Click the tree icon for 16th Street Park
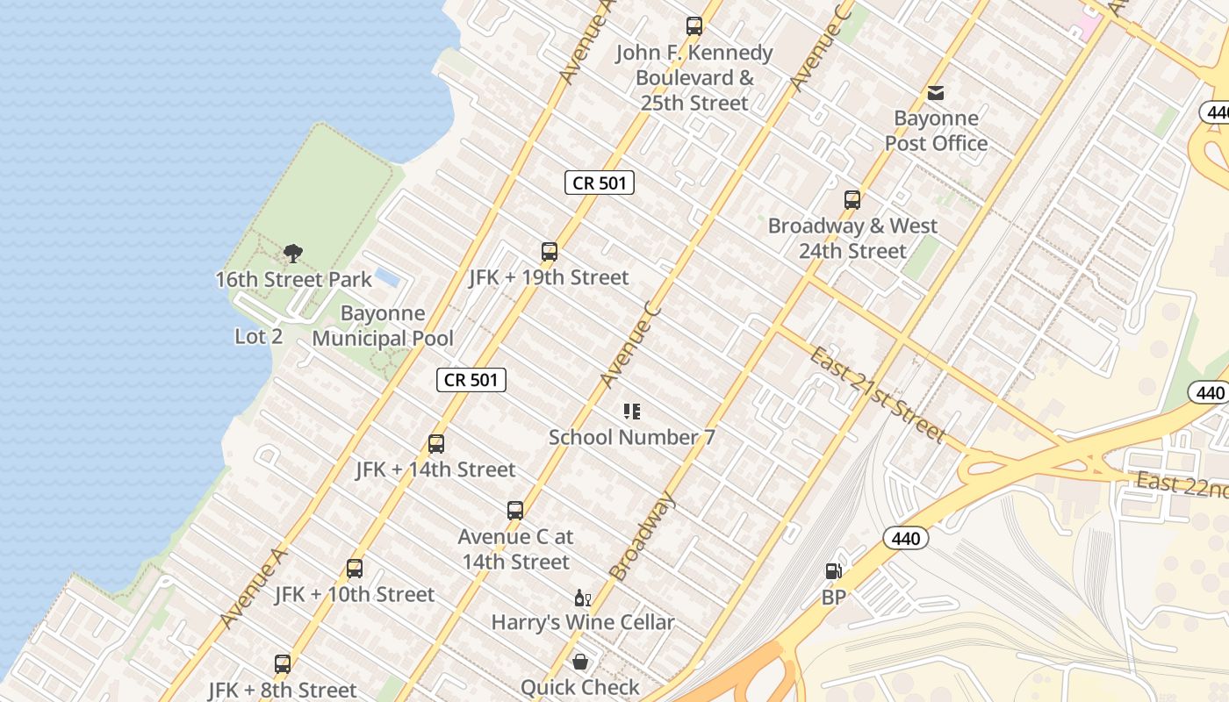(x=293, y=254)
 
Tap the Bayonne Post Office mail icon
(x=936, y=92)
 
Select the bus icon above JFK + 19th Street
(x=550, y=252)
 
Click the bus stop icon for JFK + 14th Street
(x=436, y=444)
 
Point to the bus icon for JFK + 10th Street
(x=355, y=568)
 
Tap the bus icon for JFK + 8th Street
(x=283, y=664)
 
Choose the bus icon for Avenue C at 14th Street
(x=515, y=510)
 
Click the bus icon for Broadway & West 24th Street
(x=852, y=199)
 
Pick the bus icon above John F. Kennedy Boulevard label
(x=694, y=26)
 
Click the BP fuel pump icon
(x=833, y=572)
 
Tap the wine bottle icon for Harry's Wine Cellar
(x=582, y=598)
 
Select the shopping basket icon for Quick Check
(x=580, y=662)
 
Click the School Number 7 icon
(x=632, y=411)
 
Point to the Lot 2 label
(x=259, y=336)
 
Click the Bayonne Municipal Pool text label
(x=383, y=326)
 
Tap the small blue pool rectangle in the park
(x=387, y=279)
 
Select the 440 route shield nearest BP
(x=905, y=538)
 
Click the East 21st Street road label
(x=876, y=394)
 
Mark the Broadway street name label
(x=643, y=536)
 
